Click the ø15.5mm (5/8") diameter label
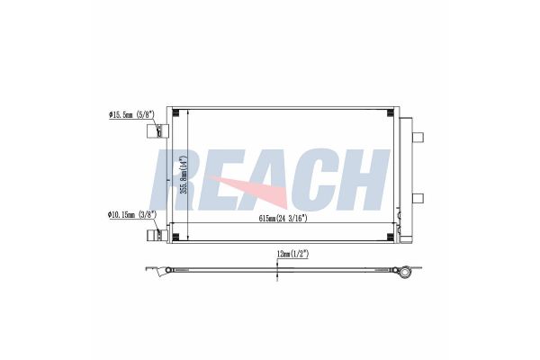click(x=131, y=114)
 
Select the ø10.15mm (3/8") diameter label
click(x=132, y=215)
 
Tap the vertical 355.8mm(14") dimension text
click(x=184, y=175)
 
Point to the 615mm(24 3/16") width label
click(x=283, y=219)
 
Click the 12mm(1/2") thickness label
click(x=292, y=254)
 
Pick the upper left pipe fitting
click(x=157, y=131)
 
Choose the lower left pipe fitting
click(x=157, y=235)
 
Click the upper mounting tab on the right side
click(x=418, y=137)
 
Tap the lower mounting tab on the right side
click(x=418, y=198)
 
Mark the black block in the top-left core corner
click(x=176, y=112)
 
